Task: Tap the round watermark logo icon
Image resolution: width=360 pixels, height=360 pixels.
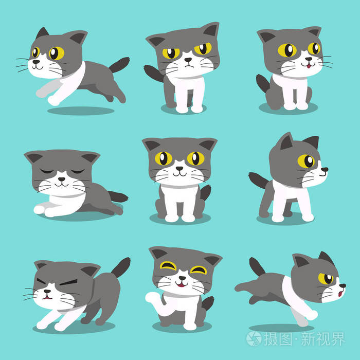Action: click(254, 338)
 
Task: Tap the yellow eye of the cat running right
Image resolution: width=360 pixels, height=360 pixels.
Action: click(325, 278)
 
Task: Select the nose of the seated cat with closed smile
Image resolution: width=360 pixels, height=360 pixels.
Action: click(179, 168)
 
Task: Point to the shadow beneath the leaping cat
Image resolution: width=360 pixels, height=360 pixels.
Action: click(80, 111)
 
